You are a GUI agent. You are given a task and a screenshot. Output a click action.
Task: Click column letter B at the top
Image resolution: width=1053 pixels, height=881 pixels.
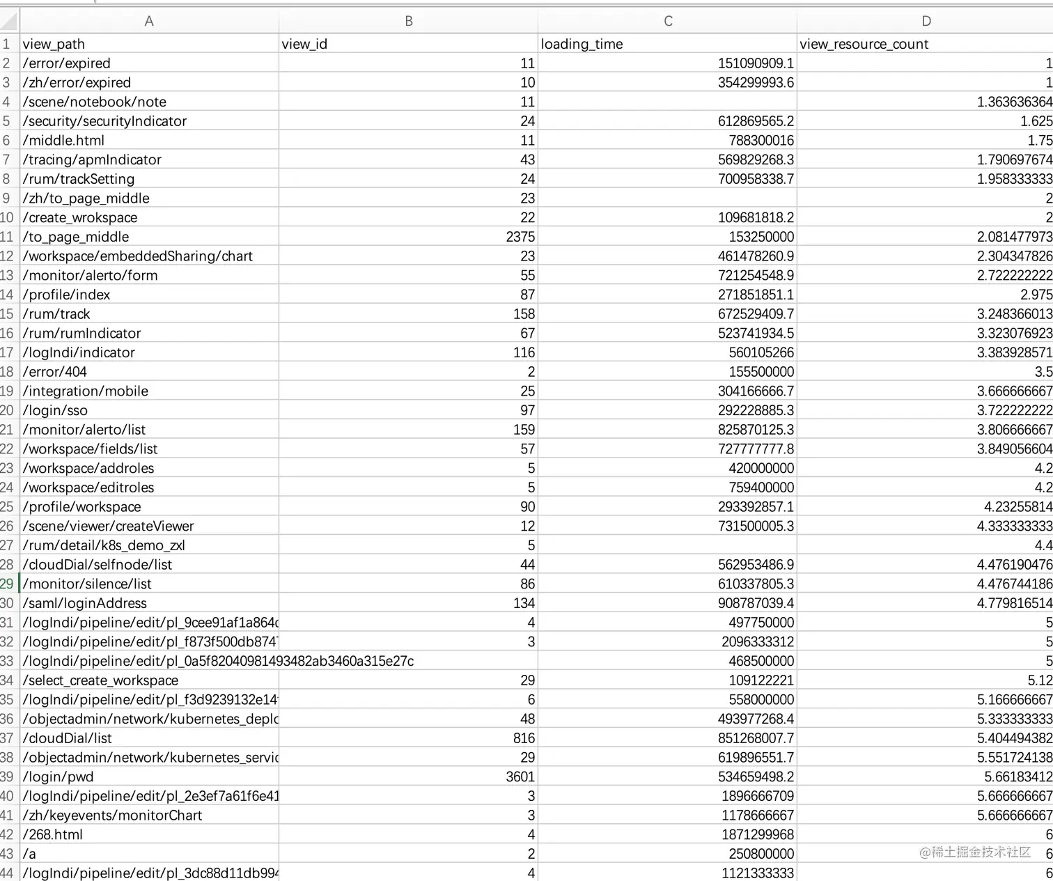(409, 22)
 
